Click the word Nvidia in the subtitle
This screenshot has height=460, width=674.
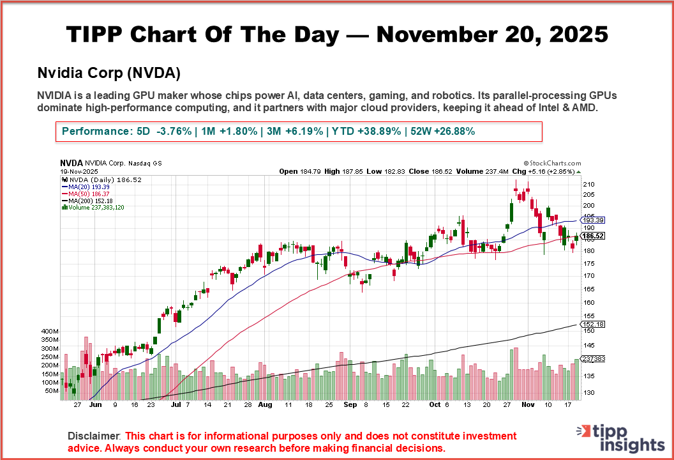tap(57, 72)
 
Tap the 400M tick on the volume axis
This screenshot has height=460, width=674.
tap(50, 332)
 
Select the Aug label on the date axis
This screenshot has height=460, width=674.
tap(266, 404)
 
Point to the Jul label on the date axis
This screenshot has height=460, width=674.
tap(177, 404)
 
